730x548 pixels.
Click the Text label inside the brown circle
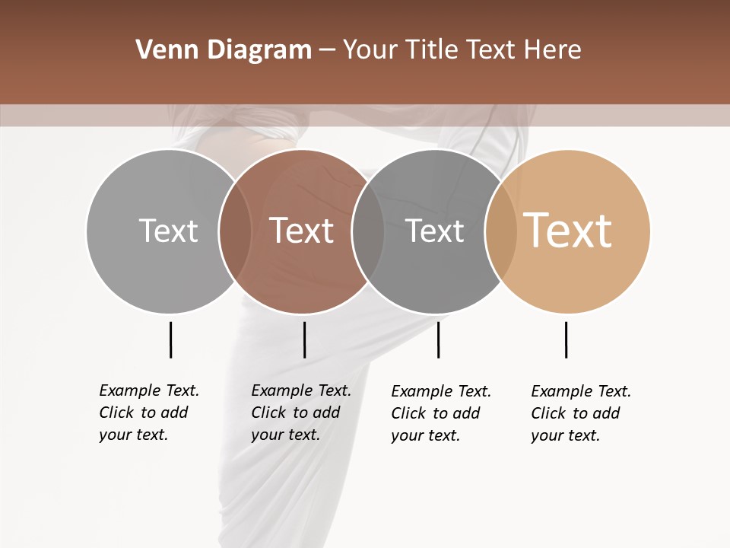[x=302, y=231]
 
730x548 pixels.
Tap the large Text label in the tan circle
[x=568, y=231]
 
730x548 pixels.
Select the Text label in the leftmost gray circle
[x=168, y=231]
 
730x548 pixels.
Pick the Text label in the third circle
[x=434, y=231]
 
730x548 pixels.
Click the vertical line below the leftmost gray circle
[x=170, y=339]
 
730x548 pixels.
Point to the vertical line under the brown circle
[x=304, y=339]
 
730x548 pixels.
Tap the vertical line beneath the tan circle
[x=566, y=339]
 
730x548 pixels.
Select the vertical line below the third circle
[x=438, y=339]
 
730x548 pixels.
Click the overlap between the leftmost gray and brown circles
[x=235, y=231]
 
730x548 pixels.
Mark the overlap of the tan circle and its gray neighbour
[x=500, y=231]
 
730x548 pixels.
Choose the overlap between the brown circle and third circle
[x=368, y=231]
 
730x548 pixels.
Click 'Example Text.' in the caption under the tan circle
[x=581, y=391]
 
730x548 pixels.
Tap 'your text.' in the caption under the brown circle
[x=285, y=435]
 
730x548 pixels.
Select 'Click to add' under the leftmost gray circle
[x=143, y=413]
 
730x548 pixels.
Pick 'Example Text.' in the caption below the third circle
[x=441, y=391]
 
